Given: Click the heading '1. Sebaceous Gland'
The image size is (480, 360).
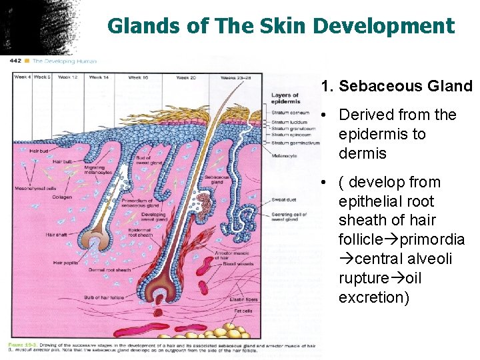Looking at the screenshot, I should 396,86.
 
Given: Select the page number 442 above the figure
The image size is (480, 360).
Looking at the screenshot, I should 15,61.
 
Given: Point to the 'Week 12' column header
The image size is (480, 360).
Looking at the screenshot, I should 68,77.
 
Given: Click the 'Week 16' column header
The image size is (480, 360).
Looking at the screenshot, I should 139,77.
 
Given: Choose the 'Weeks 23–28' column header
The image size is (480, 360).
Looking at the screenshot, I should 237,77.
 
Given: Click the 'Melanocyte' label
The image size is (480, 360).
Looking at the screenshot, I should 285,155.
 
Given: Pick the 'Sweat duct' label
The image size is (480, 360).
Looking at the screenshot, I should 284,199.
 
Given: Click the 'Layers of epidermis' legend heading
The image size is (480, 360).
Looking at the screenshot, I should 285,99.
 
